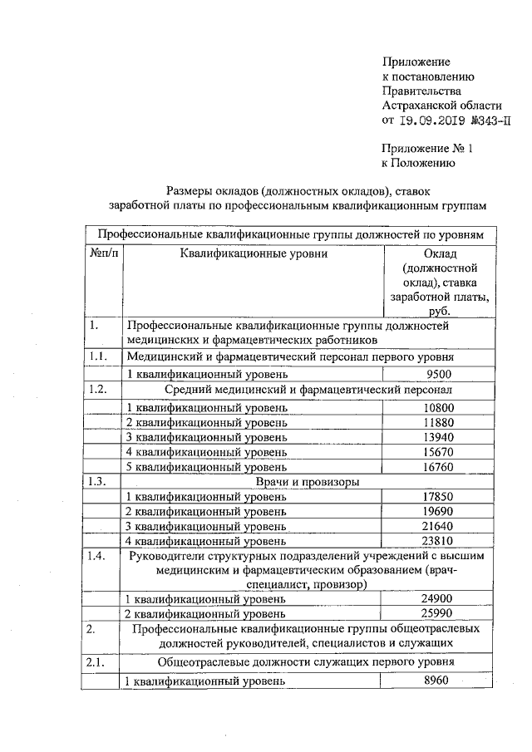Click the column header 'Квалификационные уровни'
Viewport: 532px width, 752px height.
pyautogui.click(x=254, y=253)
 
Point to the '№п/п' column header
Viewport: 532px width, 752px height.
pyautogui.click(x=103, y=253)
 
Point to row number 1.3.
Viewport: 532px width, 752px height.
pyautogui.click(x=97, y=482)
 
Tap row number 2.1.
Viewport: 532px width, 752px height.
pyautogui.click(x=97, y=663)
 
